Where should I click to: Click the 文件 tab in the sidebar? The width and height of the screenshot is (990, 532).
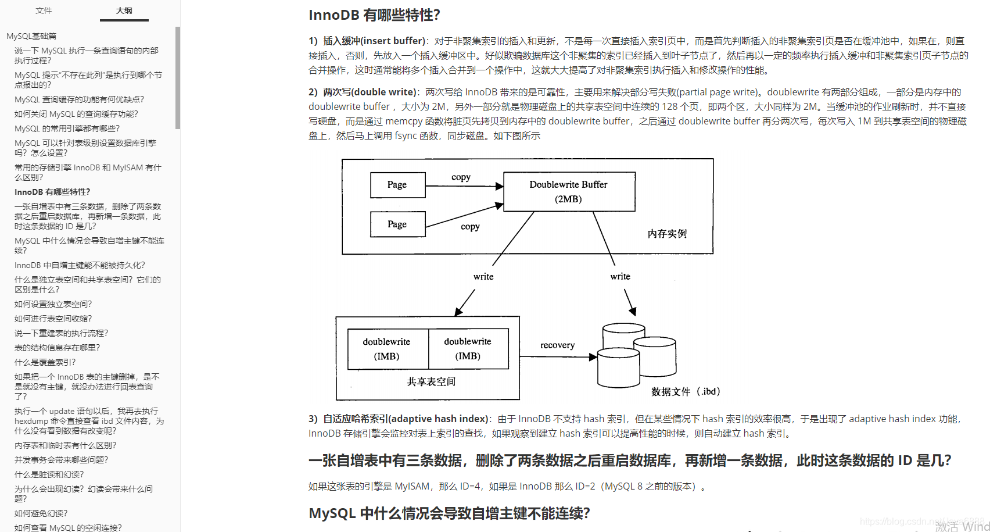click(x=44, y=10)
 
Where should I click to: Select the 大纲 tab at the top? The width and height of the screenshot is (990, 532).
click(x=124, y=10)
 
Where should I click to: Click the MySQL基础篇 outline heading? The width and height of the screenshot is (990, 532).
click(x=31, y=36)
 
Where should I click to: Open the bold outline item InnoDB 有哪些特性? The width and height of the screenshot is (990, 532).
click(x=52, y=192)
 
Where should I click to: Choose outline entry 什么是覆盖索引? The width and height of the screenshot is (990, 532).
click(x=45, y=362)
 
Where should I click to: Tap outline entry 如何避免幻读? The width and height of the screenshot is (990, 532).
click(x=41, y=513)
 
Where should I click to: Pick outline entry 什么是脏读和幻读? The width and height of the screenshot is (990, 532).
click(x=49, y=474)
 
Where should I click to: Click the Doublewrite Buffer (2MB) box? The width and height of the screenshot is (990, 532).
click(x=569, y=191)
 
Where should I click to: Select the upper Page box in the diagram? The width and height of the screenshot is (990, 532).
click(x=397, y=185)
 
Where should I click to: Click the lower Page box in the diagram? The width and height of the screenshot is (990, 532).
click(x=397, y=224)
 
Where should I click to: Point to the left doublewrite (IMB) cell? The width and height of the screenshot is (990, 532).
click(x=387, y=349)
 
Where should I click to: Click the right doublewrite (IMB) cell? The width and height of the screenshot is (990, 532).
click(x=468, y=349)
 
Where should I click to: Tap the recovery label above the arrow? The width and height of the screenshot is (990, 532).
click(x=557, y=345)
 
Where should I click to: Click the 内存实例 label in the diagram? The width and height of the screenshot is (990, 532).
click(x=667, y=234)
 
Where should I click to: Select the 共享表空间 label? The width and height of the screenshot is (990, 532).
click(x=431, y=382)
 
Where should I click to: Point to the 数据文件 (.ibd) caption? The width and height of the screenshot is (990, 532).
click(x=686, y=392)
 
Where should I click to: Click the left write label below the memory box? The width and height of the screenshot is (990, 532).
click(x=483, y=277)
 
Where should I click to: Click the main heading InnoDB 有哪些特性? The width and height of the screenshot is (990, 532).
click(x=374, y=15)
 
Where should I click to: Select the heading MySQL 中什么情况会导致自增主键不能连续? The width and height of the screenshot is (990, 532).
click(x=449, y=513)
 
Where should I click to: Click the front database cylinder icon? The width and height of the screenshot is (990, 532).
click(x=618, y=367)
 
